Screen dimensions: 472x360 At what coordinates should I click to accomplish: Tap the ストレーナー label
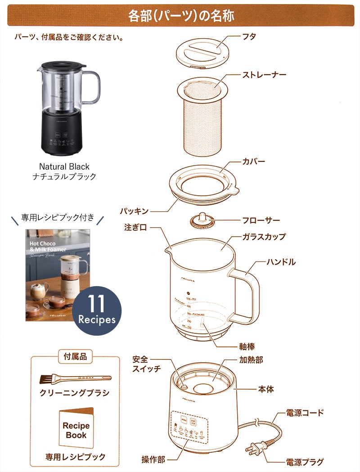point(264,74)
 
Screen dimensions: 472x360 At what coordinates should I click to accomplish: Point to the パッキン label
point(134,211)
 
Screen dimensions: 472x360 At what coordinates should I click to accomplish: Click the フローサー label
point(261,220)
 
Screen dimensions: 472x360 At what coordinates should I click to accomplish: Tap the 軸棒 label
point(247,346)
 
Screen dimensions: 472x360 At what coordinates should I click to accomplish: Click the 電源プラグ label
point(305,462)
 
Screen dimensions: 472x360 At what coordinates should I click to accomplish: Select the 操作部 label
point(153,459)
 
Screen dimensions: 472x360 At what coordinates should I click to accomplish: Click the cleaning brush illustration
point(75,378)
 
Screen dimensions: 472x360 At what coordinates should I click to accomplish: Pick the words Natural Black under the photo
point(64,166)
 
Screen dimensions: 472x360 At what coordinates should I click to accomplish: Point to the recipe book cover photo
point(49,274)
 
